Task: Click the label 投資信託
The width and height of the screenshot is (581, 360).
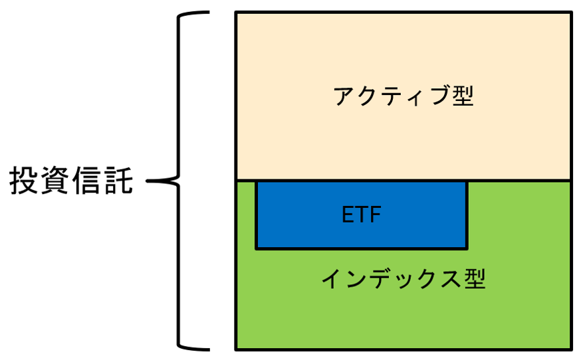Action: click(x=72, y=181)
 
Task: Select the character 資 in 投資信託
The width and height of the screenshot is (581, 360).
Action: click(x=56, y=181)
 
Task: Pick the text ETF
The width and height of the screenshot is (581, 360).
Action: click(x=362, y=215)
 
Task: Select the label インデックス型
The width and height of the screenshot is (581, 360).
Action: click(x=404, y=279)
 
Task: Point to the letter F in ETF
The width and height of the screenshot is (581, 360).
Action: click(x=376, y=215)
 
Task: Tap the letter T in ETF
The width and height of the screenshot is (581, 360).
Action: click(x=362, y=215)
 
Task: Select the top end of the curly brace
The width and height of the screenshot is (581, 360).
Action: click(x=206, y=13)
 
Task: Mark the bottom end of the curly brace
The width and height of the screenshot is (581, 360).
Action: click(x=206, y=347)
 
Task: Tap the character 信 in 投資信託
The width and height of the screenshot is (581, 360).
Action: click(x=88, y=181)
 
